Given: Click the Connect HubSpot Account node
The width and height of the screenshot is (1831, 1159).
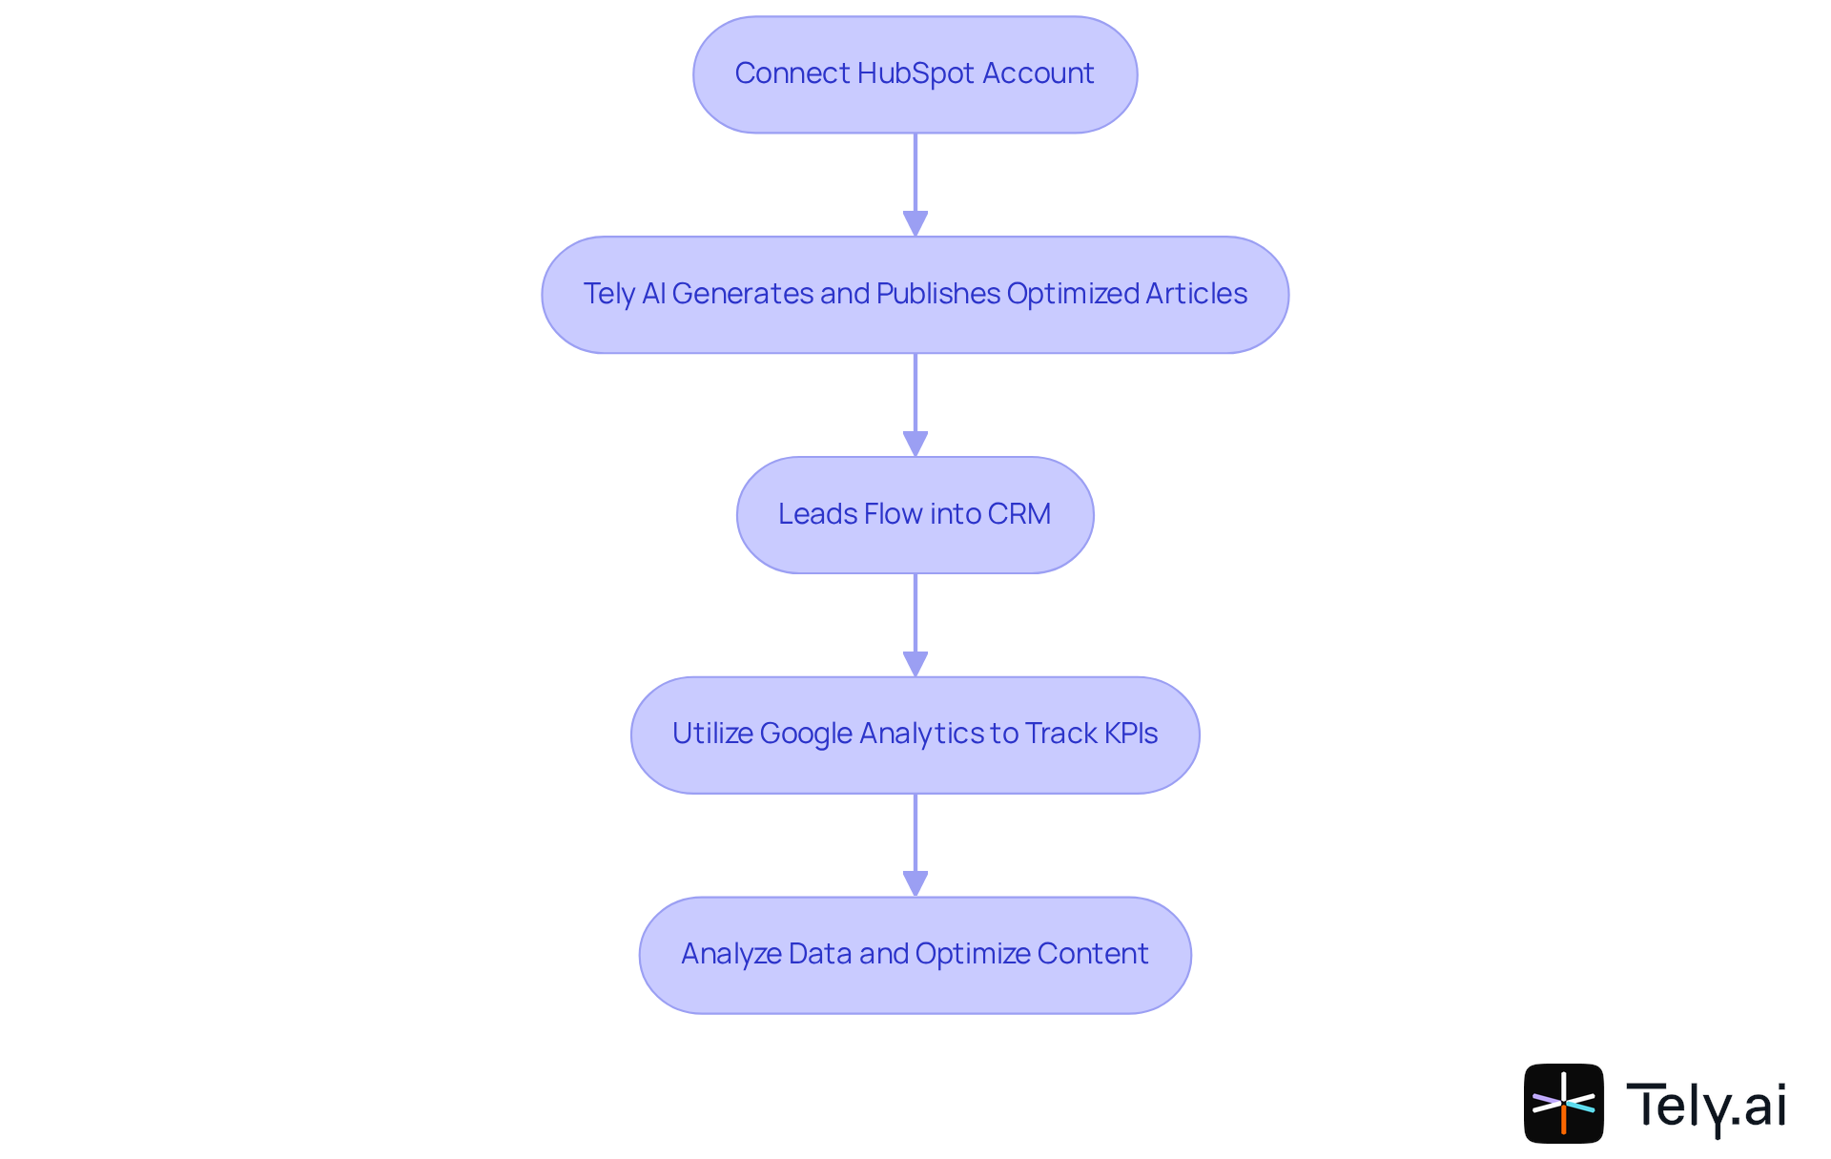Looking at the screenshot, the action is pyautogui.click(x=915, y=74).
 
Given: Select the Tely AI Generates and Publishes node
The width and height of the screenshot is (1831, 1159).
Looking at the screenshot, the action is pyautogui.click(x=915, y=295).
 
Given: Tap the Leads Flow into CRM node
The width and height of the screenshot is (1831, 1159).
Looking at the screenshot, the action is pyautogui.click(x=915, y=515).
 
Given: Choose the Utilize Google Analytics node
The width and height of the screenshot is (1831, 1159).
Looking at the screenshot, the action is pyautogui.click(x=915, y=735).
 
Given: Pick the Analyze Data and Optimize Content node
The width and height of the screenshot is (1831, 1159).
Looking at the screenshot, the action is pyautogui.click(x=915, y=955).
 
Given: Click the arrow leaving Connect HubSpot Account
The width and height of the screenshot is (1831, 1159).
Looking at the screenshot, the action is pyautogui.click(x=915, y=185).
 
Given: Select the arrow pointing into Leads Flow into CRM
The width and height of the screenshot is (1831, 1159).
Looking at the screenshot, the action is pyautogui.click(x=915, y=405).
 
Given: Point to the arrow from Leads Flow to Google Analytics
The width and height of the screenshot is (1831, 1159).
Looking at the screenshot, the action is pyautogui.click(x=915, y=626).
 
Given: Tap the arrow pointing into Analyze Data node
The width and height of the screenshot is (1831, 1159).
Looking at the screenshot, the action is pyautogui.click(x=915, y=846).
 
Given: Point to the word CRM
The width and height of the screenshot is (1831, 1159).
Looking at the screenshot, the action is pyautogui.click(x=1019, y=514).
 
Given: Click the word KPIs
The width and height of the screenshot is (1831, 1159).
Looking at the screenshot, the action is pyautogui.click(x=1131, y=734).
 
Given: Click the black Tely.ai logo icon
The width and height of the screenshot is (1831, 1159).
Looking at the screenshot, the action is pyautogui.click(x=1564, y=1104).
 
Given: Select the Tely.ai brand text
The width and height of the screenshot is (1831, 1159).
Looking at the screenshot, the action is pyautogui.click(x=1706, y=1107).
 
